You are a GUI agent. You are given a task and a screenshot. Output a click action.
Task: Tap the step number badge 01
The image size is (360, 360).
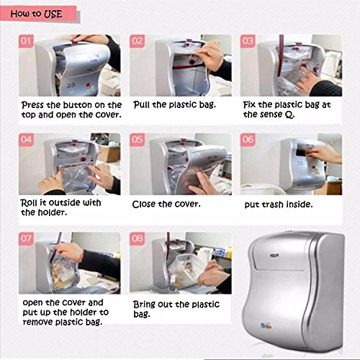(26, 41)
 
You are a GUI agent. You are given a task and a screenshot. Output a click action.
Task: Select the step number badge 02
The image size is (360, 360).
(137, 41)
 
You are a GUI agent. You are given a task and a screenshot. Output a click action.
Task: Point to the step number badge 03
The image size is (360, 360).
(248, 41)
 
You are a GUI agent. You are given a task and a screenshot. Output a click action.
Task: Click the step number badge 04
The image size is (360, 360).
(26, 140)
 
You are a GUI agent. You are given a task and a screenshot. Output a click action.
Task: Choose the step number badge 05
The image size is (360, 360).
(137, 140)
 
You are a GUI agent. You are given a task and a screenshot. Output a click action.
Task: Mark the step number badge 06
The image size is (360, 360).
(248, 140)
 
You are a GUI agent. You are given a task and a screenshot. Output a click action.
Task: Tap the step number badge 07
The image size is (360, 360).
(26, 238)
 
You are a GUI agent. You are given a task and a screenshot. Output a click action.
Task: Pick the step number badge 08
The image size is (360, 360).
(137, 238)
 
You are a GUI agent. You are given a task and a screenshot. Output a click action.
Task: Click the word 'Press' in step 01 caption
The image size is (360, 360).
(32, 105)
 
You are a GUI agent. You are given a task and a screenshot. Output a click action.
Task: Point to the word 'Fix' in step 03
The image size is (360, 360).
(249, 104)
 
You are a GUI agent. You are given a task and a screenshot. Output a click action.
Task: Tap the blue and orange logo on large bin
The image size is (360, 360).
(266, 326)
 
